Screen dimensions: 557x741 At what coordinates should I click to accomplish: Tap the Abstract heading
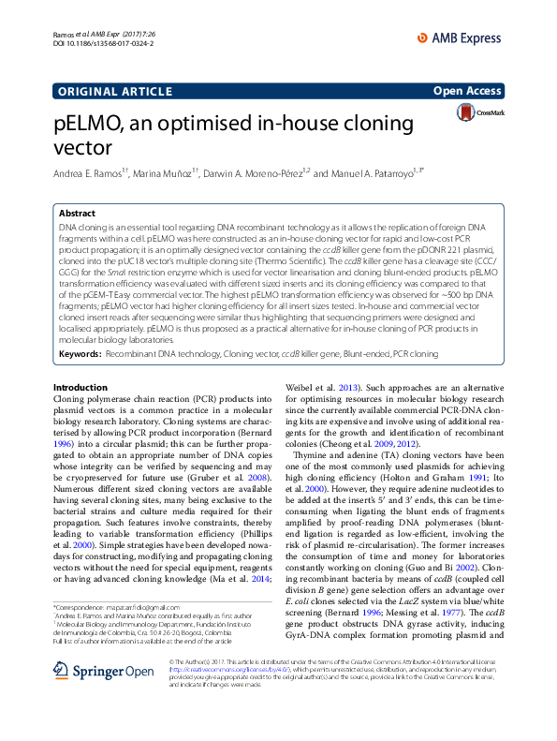point(78,214)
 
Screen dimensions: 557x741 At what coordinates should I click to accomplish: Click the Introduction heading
point(81,387)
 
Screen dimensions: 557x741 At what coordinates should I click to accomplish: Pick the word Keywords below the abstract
point(80,353)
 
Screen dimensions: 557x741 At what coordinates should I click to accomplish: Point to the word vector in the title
point(82,148)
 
